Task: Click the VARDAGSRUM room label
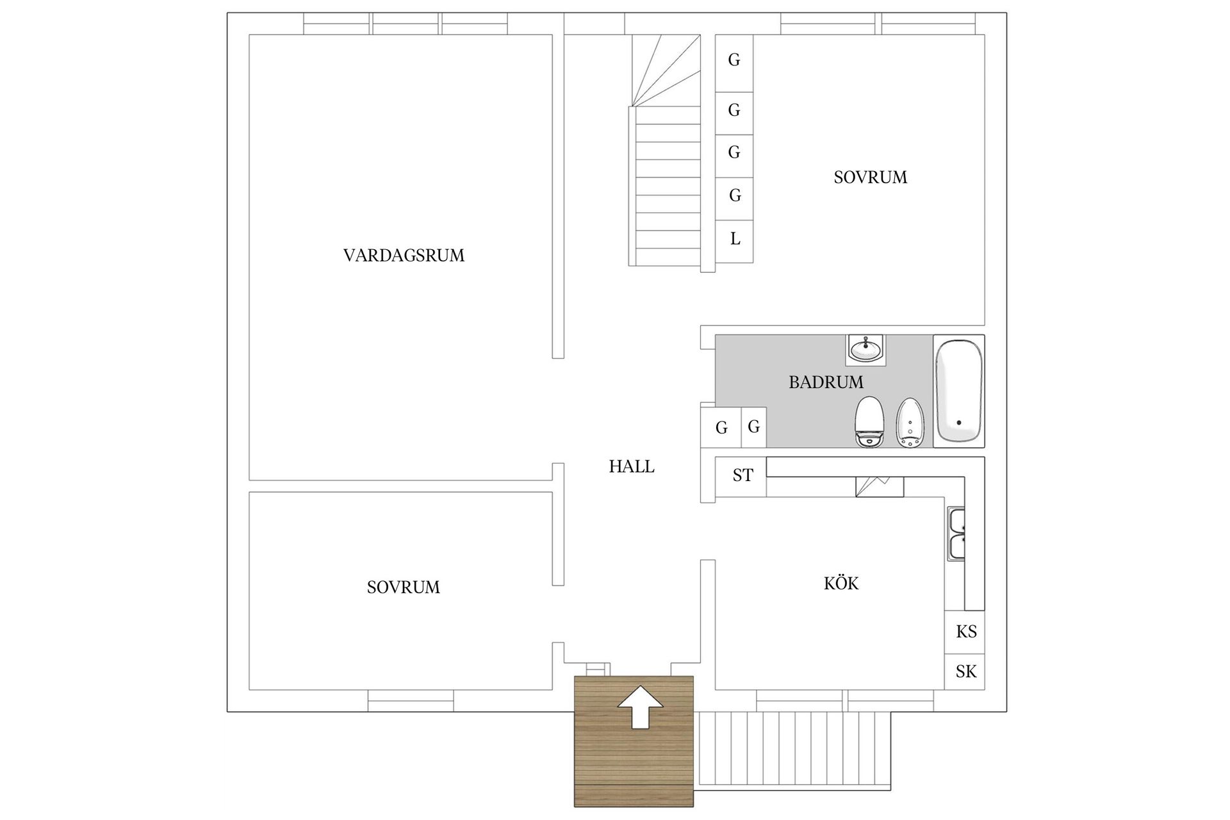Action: tap(404, 256)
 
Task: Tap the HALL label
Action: tap(631, 467)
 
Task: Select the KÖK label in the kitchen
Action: tap(840, 584)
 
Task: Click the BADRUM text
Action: tap(826, 382)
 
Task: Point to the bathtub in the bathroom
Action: tap(958, 391)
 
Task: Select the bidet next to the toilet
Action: tap(909, 423)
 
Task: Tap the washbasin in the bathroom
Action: tap(866, 350)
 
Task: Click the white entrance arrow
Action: tap(640, 707)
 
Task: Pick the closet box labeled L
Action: tap(734, 240)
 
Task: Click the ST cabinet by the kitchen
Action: tap(742, 476)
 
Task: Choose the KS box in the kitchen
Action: tap(965, 632)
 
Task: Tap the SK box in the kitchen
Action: tap(965, 671)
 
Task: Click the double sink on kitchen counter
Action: tap(956, 534)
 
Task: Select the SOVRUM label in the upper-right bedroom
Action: tap(870, 177)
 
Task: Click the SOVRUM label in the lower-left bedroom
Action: tap(403, 587)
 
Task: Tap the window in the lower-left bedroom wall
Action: tap(411, 700)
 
